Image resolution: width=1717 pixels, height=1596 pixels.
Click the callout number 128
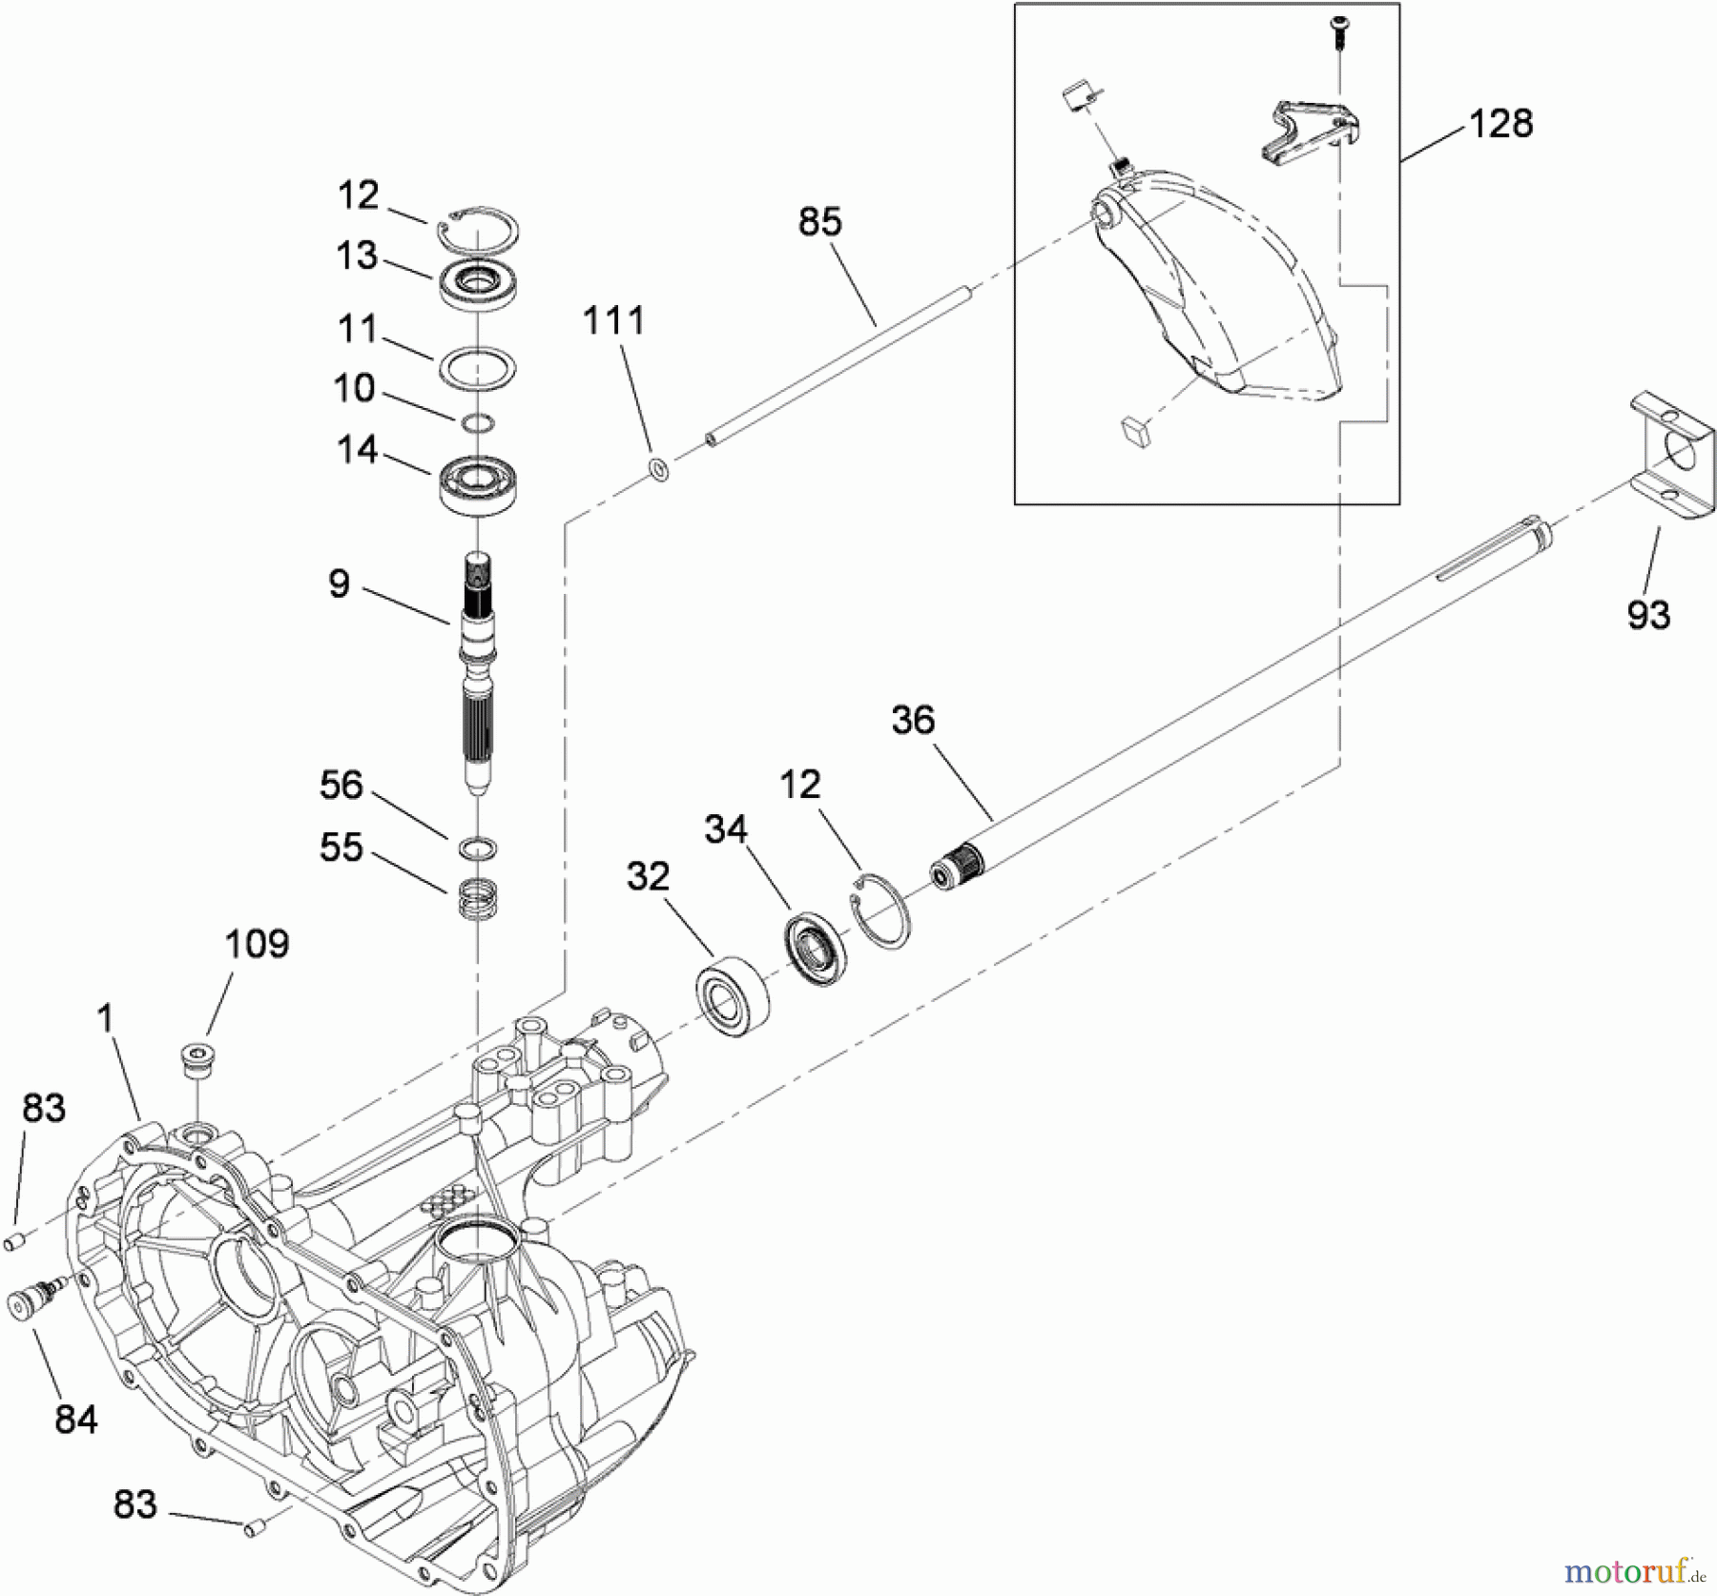point(1500,124)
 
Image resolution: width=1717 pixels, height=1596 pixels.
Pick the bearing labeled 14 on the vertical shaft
point(477,485)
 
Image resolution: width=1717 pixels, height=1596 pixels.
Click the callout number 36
point(913,720)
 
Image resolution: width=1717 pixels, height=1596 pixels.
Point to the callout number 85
point(820,222)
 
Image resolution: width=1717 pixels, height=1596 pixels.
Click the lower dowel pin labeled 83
point(253,1529)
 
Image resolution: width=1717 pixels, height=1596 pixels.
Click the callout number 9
point(339,583)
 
